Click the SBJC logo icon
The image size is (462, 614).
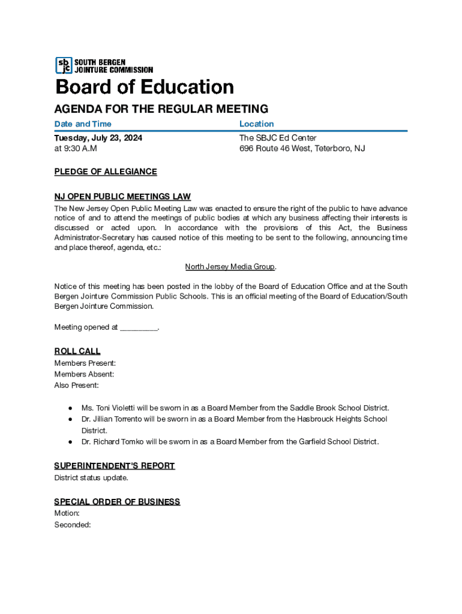tap(63, 65)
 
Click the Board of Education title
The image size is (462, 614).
tap(145, 87)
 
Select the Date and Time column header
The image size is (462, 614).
tap(83, 124)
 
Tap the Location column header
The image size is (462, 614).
tap(256, 124)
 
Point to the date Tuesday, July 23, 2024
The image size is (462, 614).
tap(98, 138)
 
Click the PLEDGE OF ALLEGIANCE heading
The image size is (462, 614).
tap(106, 171)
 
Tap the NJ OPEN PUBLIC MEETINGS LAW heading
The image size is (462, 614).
tap(122, 197)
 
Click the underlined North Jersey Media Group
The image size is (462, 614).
tap(230, 266)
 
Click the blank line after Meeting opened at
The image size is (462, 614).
tap(139, 327)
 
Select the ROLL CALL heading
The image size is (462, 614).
tap(77, 351)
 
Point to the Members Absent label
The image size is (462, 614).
tap(84, 374)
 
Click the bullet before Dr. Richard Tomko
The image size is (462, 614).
tap(70, 442)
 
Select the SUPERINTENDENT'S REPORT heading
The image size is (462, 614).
tap(115, 466)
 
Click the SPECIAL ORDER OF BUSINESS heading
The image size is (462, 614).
tap(117, 501)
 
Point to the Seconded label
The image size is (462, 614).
tap(73, 525)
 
